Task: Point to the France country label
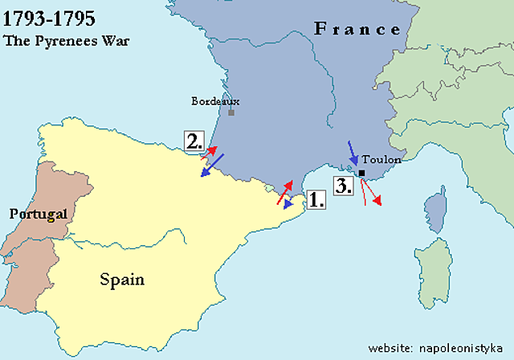[357, 30]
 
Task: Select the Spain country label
[122, 280]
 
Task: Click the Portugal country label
[37, 214]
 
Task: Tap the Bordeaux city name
[215, 101]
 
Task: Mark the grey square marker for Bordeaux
[231, 112]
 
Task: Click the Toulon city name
[381, 160]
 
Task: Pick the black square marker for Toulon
[362, 173]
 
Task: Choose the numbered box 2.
[194, 141]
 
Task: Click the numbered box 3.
[344, 186]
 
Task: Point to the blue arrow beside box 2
[212, 164]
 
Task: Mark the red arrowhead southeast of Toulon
[377, 200]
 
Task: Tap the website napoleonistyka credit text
[435, 348]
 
